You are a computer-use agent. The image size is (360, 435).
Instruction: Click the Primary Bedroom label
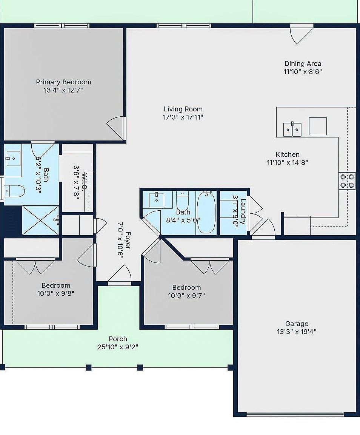(x=63, y=82)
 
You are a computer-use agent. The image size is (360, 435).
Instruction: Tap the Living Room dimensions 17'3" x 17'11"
(x=183, y=117)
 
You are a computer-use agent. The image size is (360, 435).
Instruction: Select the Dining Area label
(x=303, y=64)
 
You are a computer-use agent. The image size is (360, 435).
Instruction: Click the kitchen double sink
(x=292, y=129)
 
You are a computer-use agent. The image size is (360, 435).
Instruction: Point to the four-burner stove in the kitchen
(x=347, y=181)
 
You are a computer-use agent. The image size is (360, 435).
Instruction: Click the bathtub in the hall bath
(x=206, y=212)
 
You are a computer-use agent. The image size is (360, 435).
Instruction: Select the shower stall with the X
(x=40, y=220)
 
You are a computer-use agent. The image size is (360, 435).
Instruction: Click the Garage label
(x=297, y=324)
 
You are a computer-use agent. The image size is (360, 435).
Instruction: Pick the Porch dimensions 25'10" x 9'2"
(x=118, y=347)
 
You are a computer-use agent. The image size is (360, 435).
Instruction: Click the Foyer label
(x=128, y=240)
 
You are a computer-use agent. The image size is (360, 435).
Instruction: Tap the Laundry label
(x=243, y=211)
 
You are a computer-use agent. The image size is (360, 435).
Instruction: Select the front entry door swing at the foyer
(x=120, y=275)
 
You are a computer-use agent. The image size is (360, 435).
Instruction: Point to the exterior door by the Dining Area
(x=302, y=34)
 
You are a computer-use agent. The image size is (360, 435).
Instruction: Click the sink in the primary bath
(x=13, y=159)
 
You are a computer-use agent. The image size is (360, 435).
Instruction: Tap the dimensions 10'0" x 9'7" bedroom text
(x=186, y=295)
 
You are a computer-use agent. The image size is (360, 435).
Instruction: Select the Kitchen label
(x=288, y=154)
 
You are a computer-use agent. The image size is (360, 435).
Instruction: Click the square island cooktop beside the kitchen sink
(x=318, y=126)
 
